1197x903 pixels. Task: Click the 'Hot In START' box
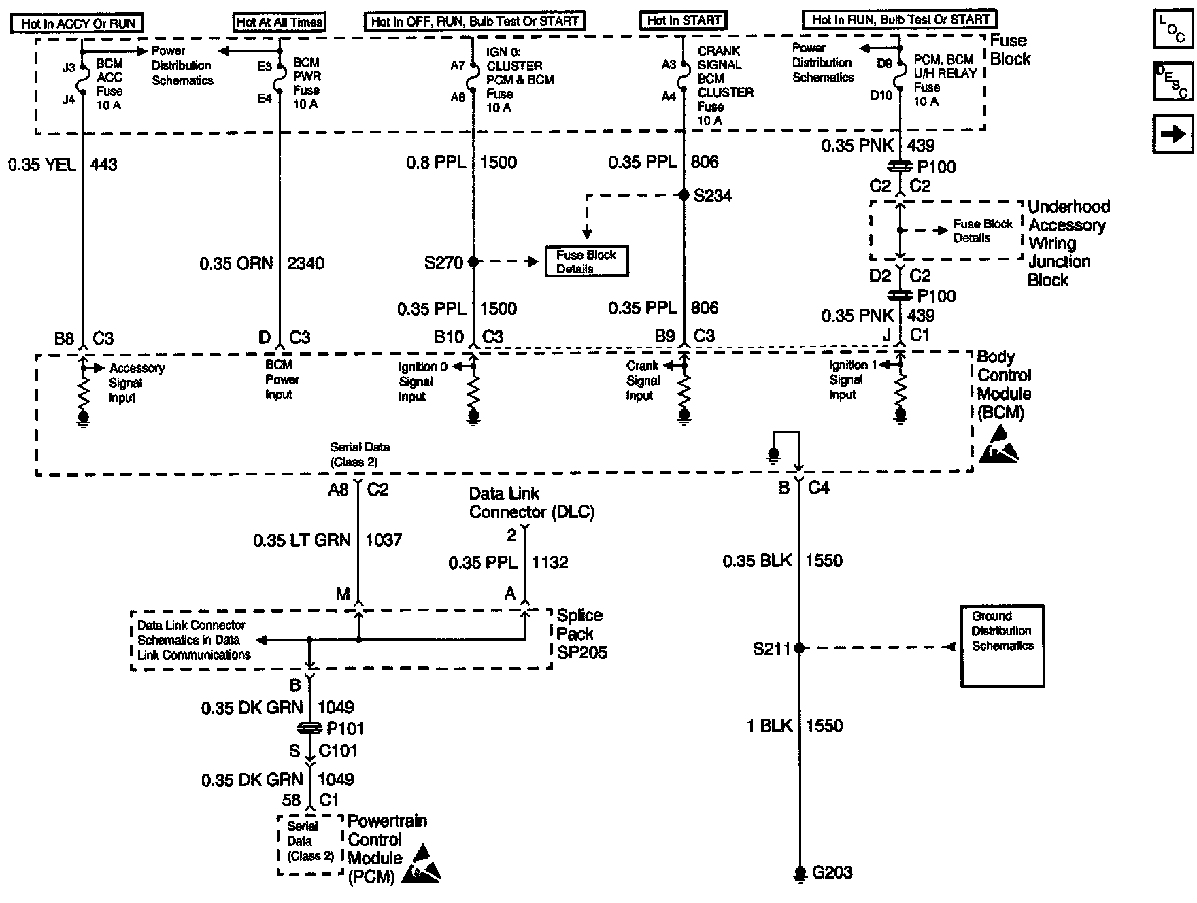(684, 20)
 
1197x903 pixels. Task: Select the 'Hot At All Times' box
(280, 22)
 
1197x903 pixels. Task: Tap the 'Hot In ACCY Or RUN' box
(78, 23)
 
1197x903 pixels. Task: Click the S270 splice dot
(473, 262)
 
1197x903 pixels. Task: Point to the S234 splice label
(712, 196)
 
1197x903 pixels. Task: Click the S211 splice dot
(799, 648)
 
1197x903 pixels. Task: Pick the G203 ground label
(832, 872)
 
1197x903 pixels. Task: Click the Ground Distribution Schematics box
(1002, 646)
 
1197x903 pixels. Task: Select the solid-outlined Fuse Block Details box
(586, 262)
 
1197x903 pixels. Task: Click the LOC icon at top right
(1173, 29)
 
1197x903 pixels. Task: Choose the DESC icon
(1173, 82)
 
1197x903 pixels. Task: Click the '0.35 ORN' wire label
(236, 263)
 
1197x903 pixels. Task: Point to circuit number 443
(103, 165)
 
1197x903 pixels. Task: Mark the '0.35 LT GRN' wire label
(301, 541)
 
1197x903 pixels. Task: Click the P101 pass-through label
(345, 729)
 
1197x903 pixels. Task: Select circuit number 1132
(550, 563)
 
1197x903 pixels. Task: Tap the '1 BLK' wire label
(769, 726)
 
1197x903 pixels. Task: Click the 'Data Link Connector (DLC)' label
(531, 503)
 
